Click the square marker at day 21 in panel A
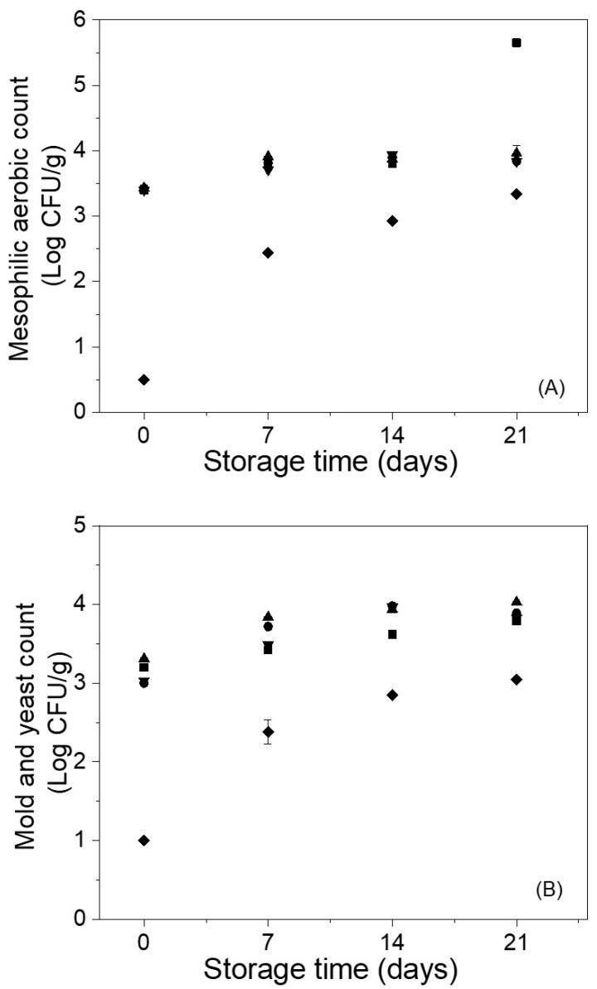(517, 42)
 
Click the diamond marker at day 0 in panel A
(144, 380)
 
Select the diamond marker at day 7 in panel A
(268, 252)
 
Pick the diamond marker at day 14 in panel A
(392, 221)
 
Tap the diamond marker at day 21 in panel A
(517, 193)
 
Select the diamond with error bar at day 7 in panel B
(268, 732)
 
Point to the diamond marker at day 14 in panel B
(392, 695)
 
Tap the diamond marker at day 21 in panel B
(517, 679)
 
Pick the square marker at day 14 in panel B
(392, 634)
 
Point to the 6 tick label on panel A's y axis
(81, 20)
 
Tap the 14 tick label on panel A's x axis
(392, 436)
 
